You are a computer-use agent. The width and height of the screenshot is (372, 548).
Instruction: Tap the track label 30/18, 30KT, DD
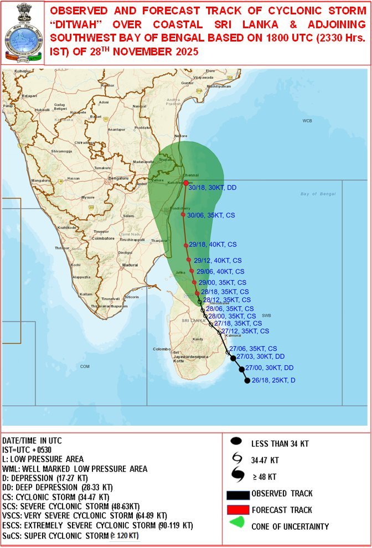213,188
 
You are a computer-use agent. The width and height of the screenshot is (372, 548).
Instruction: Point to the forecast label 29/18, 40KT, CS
213,244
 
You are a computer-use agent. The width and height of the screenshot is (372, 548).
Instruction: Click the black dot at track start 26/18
247,380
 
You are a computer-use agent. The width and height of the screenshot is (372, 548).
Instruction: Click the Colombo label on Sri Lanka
161,349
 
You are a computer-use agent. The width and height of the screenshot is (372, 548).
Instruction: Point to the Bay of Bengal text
318,194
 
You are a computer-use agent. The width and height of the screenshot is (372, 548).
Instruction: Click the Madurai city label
130,265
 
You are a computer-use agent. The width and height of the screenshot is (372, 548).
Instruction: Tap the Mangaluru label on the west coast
41,180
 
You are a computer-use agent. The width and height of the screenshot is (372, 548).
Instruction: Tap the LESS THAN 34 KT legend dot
237,441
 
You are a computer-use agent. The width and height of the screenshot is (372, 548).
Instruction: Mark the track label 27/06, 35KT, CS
253,349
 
